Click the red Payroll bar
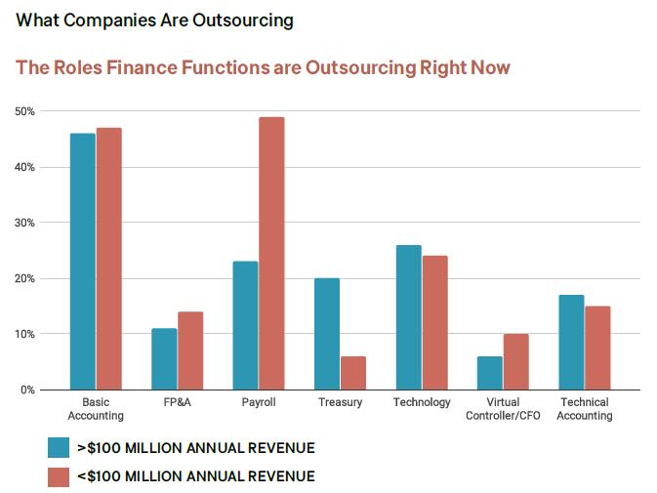pyautogui.click(x=271, y=254)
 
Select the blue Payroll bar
pyautogui.click(x=245, y=325)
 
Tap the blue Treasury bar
pyautogui.click(x=327, y=334)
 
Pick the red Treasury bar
pyautogui.click(x=353, y=373)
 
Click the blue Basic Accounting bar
pyautogui.click(x=82, y=262)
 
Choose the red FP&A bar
pyautogui.click(x=190, y=350)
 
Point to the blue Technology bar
pyautogui.click(x=409, y=317)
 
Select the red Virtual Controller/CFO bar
pyautogui.click(x=516, y=361)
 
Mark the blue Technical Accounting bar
pyautogui.click(x=572, y=342)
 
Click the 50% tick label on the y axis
pyautogui.click(x=24, y=111)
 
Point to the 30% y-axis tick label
pyautogui.click(x=24, y=223)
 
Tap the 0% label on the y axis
pyautogui.click(x=27, y=390)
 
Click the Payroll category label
pyautogui.click(x=259, y=402)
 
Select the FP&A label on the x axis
pyautogui.click(x=178, y=402)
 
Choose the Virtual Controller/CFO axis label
pyautogui.click(x=504, y=408)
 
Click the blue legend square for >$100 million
pyautogui.click(x=58, y=448)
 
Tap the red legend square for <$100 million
pyautogui.click(x=58, y=475)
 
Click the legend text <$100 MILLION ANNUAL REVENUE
pyautogui.click(x=195, y=475)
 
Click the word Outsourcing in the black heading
pyautogui.click(x=243, y=21)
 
